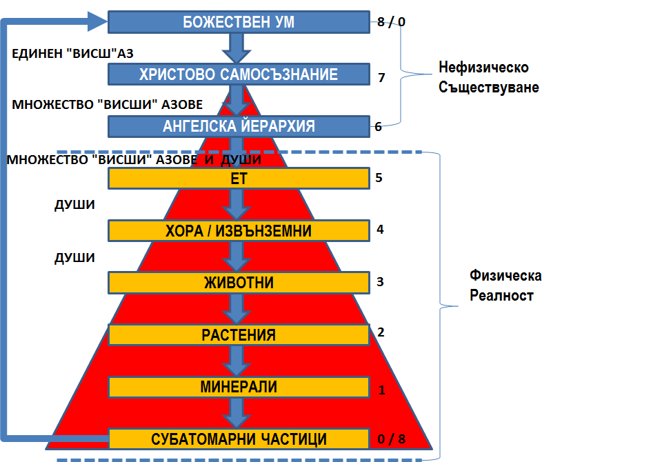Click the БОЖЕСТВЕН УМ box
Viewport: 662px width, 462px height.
(239, 22)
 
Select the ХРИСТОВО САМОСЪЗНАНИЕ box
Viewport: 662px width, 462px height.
(239, 74)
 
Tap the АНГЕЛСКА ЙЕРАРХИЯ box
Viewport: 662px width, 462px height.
(239, 126)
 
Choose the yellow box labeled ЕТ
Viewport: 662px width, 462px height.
(239, 178)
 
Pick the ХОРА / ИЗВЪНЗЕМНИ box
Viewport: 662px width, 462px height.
(239, 230)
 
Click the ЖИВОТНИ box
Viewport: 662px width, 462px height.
(239, 283)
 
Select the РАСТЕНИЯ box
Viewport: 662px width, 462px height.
(239, 335)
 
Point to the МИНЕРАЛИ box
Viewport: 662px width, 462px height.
(239, 387)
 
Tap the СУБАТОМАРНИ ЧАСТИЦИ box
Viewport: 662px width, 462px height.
(239, 439)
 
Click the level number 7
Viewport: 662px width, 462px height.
(381, 78)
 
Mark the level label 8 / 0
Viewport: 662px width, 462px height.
(391, 21)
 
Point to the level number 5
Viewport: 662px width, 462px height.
(379, 178)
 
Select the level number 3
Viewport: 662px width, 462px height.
(380, 281)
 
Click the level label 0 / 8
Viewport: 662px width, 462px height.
(392, 439)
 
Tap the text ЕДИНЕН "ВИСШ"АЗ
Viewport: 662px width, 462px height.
(72, 54)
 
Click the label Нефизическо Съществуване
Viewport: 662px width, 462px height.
(488, 77)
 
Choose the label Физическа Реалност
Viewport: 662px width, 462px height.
(505, 285)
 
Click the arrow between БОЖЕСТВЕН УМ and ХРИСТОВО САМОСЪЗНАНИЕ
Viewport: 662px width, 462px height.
(237, 48)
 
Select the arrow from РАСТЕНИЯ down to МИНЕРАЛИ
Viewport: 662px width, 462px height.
(237, 361)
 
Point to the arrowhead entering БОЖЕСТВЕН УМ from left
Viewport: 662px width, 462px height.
(97, 21)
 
